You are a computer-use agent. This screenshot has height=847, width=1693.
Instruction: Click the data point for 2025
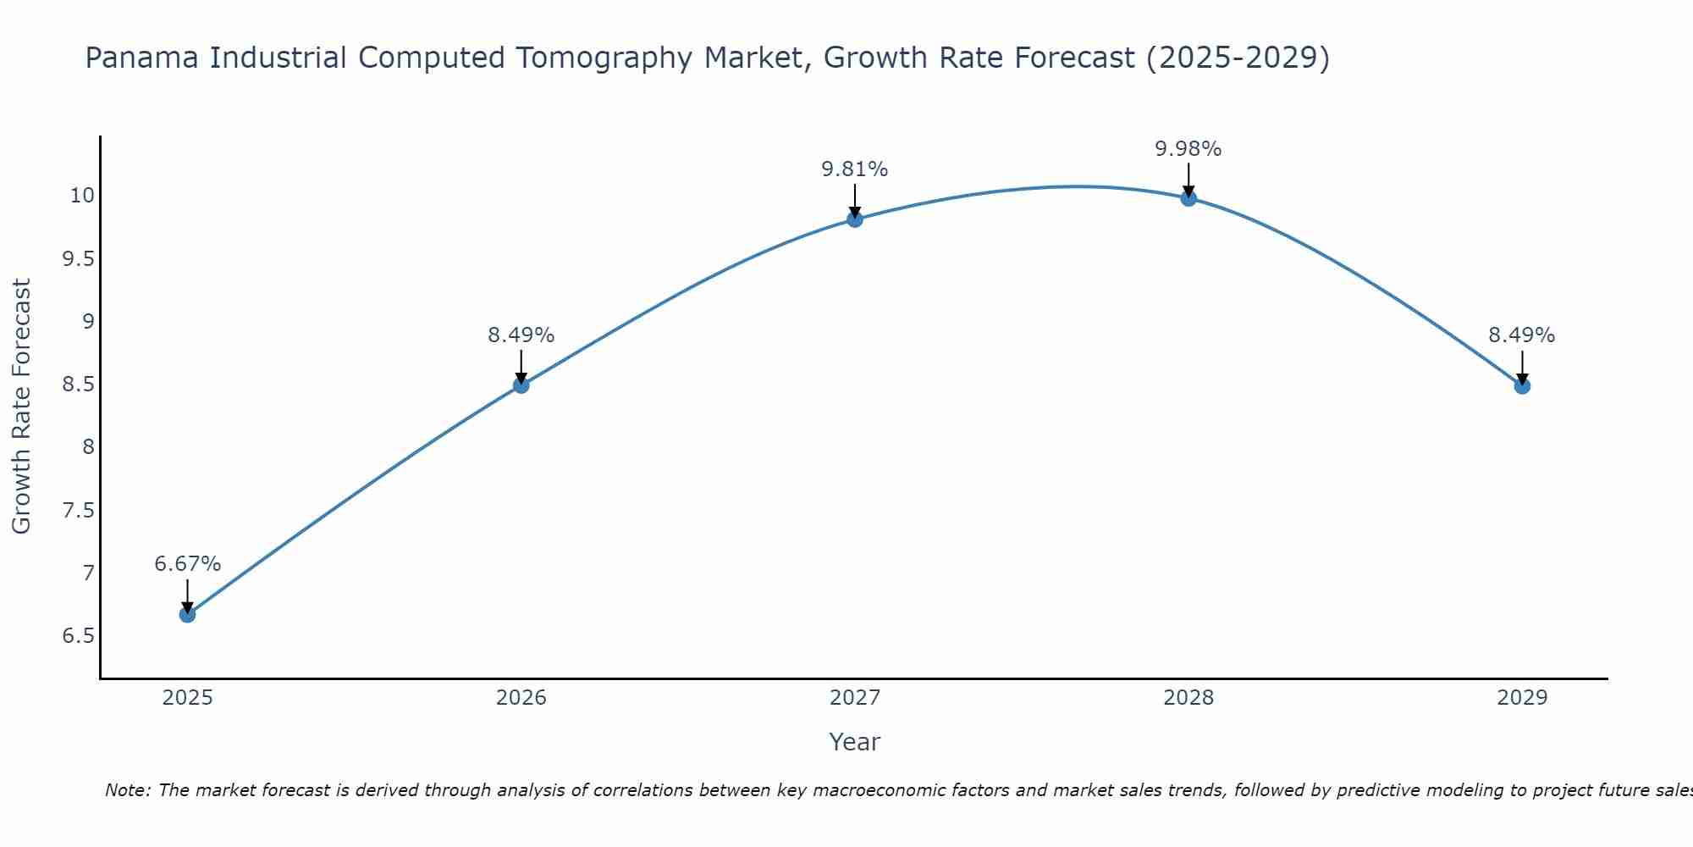tap(187, 614)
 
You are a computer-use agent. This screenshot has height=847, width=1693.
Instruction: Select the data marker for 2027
tap(855, 219)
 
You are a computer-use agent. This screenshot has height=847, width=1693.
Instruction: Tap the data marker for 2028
tap(1188, 198)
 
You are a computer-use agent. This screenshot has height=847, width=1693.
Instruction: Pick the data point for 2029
tap(1522, 386)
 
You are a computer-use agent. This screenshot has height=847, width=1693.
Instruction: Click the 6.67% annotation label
tap(188, 564)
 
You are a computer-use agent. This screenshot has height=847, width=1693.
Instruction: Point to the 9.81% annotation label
tap(855, 169)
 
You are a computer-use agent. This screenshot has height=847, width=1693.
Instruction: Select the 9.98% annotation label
tap(1188, 149)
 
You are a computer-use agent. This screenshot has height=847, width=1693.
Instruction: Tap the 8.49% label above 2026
tap(521, 335)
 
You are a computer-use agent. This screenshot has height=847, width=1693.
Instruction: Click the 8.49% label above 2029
tap(1522, 335)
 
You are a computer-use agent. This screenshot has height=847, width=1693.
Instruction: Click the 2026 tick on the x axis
tap(521, 698)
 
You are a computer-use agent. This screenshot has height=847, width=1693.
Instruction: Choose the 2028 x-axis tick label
tap(1188, 698)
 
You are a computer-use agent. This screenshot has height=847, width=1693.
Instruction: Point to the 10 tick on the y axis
tap(82, 196)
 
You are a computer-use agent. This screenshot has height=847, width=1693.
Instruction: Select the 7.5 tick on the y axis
tap(78, 510)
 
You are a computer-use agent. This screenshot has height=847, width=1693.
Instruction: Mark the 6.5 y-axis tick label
tap(78, 636)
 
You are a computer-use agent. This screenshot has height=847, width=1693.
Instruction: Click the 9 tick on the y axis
tap(88, 321)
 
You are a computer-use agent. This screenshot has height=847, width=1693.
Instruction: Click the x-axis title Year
tap(855, 742)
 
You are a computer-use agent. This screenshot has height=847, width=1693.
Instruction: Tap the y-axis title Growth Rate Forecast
tap(22, 407)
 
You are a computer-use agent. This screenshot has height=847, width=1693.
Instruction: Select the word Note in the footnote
tap(127, 790)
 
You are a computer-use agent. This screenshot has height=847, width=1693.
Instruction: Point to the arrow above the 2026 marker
tap(521, 366)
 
